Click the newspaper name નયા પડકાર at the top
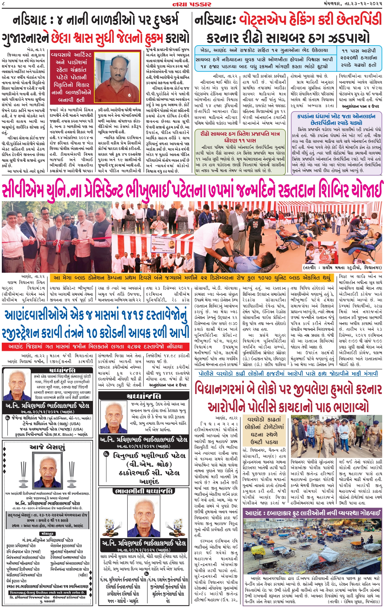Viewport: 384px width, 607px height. (192, 4)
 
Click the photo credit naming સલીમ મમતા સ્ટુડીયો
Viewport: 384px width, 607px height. (342, 268)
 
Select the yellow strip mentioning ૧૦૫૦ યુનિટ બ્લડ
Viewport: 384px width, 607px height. (192, 278)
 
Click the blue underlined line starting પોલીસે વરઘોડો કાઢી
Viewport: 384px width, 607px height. (288, 373)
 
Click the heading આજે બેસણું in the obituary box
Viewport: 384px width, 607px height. (47, 447)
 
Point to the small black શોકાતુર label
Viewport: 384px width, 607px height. (47, 533)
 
